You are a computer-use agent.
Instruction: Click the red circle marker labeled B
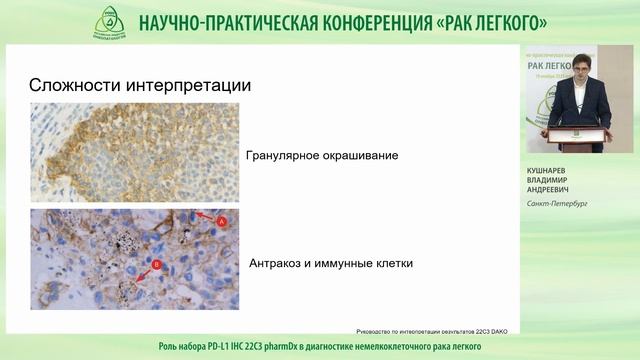click(156, 265)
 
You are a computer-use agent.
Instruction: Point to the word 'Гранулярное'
click(283, 156)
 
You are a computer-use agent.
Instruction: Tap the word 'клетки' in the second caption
click(390, 264)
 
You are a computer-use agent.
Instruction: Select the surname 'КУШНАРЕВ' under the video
click(549, 170)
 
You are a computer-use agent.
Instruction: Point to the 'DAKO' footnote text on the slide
click(494, 329)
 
